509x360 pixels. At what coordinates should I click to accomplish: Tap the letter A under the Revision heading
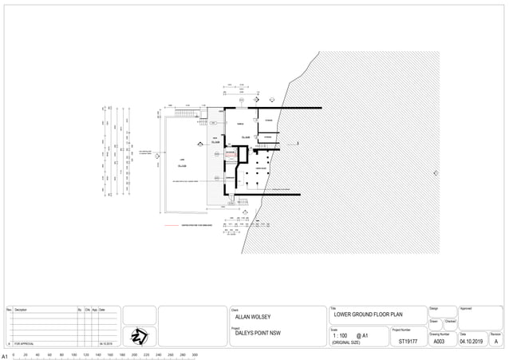point(495,342)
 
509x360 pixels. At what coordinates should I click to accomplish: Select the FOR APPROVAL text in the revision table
point(24,342)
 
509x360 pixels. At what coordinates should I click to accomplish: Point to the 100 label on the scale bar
point(74,355)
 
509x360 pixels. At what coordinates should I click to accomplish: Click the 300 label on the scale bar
point(195,355)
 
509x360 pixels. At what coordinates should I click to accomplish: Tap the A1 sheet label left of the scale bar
point(5,355)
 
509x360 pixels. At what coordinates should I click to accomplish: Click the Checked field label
point(450,322)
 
